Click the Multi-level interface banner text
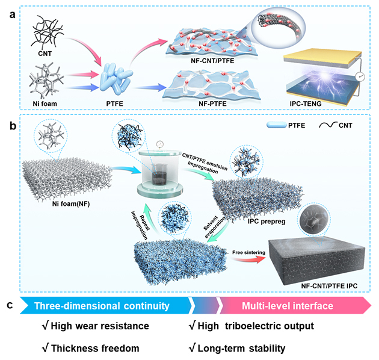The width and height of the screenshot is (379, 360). click(x=287, y=306)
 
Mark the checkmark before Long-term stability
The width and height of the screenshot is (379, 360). click(x=193, y=348)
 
